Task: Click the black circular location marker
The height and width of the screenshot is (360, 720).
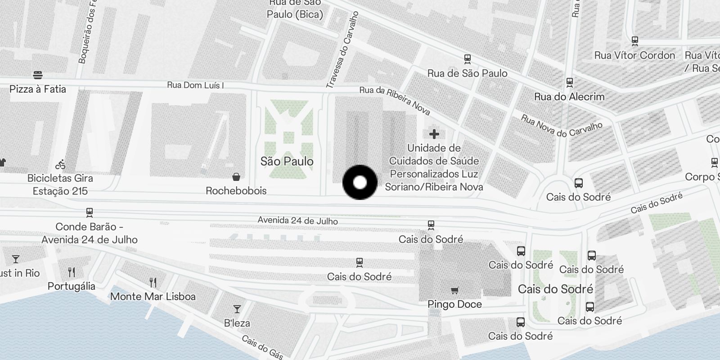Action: [x=360, y=182]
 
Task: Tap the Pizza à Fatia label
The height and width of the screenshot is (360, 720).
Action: [x=38, y=89]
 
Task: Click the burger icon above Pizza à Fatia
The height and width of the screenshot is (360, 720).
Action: [x=38, y=75]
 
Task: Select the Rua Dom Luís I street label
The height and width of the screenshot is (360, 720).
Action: [x=195, y=85]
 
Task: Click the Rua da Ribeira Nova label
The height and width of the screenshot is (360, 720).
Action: [x=395, y=100]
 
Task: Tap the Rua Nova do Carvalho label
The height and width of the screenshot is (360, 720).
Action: [x=561, y=126]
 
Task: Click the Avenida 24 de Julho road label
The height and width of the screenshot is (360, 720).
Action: [x=297, y=220]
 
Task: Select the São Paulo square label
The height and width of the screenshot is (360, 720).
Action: [x=287, y=161]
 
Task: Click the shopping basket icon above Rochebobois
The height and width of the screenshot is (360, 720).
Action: [x=236, y=177]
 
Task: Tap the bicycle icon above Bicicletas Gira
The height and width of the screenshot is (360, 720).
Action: [x=60, y=164]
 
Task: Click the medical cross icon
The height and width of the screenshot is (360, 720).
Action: [x=434, y=134]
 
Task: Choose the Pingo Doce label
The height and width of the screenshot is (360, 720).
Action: [x=454, y=304]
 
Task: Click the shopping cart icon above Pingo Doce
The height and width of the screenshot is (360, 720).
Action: [x=454, y=290]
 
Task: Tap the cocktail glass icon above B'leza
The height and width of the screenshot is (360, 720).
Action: [x=237, y=309]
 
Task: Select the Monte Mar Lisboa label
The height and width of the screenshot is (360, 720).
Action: [x=153, y=297]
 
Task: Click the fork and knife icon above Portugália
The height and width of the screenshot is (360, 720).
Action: [x=72, y=272]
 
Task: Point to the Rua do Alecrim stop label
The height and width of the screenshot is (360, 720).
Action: [x=569, y=97]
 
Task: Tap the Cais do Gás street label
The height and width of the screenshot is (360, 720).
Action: [x=262, y=347]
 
